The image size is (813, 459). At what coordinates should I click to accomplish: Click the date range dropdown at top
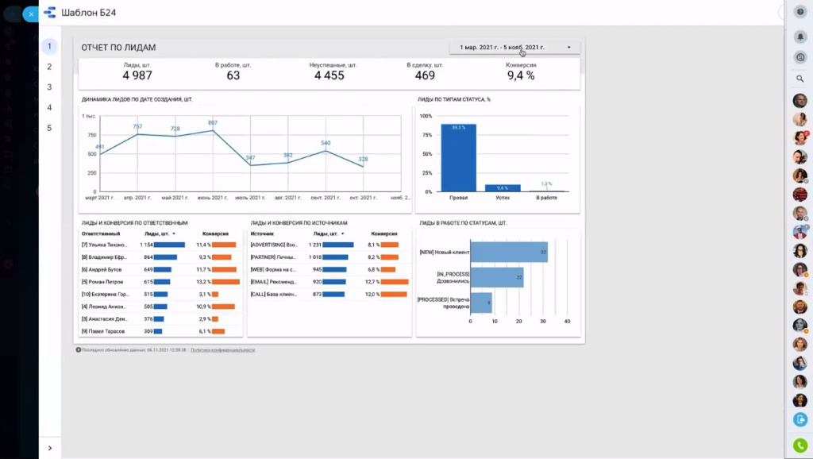[x=514, y=48]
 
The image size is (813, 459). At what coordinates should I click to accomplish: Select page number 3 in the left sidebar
[x=49, y=87]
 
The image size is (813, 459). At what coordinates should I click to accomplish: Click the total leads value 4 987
[x=137, y=75]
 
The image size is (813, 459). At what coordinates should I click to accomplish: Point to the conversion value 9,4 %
[x=521, y=75]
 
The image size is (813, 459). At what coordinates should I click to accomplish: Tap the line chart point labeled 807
[x=213, y=130]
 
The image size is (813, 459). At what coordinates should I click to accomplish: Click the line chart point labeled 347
[x=251, y=165]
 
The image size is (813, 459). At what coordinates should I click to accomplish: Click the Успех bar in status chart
[x=503, y=188]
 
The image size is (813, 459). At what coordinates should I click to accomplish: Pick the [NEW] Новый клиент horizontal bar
[x=509, y=253]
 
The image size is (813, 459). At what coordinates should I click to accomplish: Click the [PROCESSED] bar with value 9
[x=481, y=302]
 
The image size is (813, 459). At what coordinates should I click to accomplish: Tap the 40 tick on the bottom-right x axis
[x=567, y=322]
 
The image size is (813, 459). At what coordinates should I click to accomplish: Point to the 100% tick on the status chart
[x=426, y=116]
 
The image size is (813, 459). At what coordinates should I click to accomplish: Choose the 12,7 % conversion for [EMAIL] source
[x=372, y=282]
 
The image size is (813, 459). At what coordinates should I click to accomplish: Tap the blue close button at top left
[x=31, y=13]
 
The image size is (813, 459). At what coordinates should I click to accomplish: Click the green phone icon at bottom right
[x=800, y=445]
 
